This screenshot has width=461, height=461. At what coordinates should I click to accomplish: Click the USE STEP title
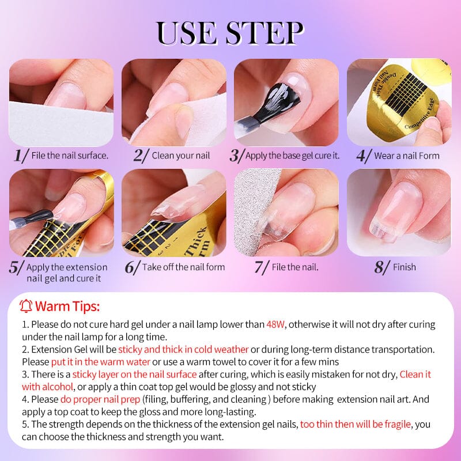point(231,33)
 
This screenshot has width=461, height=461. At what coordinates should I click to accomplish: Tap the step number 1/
point(21,156)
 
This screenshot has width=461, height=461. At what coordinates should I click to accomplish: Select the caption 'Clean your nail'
point(181,156)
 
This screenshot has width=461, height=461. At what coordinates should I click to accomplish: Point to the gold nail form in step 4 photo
point(403,95)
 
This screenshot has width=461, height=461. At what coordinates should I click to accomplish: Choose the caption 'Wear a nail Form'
point(406,156)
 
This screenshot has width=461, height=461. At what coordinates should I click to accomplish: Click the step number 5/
point(17,268)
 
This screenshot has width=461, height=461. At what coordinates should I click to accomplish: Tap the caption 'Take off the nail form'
point(183,267)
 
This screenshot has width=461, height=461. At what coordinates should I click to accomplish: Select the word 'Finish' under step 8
point(404,267)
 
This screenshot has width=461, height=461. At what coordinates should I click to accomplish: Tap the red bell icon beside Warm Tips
point(26,305)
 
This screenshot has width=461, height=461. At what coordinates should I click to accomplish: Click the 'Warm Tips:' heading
point(67,305)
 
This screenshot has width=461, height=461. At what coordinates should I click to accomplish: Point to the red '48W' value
point(276,324)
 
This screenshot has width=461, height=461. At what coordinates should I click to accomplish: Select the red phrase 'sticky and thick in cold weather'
point(183,350)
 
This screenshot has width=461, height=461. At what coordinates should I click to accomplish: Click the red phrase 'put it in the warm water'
point(100,362)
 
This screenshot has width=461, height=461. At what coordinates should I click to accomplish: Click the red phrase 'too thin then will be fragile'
point(356,424)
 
